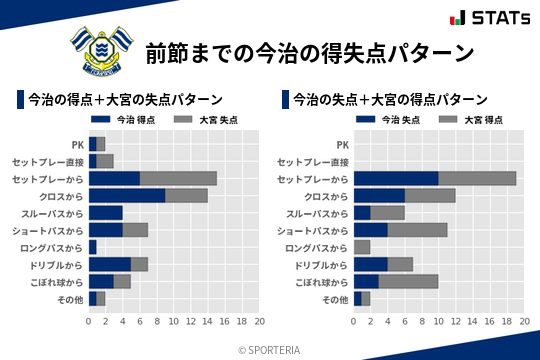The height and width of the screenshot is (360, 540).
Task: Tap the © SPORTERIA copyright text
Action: pos(270,349)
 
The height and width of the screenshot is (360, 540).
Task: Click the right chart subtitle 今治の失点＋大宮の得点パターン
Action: pos(391,100)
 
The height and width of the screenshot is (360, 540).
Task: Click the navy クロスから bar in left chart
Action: pos(127,195)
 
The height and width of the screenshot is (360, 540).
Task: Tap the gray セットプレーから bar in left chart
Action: pos(178,178)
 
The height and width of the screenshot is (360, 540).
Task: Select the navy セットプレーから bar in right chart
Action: pos(396,178)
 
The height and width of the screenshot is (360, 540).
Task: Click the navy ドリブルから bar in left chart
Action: pos(110,264)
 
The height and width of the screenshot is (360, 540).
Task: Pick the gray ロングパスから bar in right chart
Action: pos(362,247)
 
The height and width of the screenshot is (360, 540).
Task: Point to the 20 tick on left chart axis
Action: pos(259,322)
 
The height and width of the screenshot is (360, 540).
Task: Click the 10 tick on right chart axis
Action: pos(439,322)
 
